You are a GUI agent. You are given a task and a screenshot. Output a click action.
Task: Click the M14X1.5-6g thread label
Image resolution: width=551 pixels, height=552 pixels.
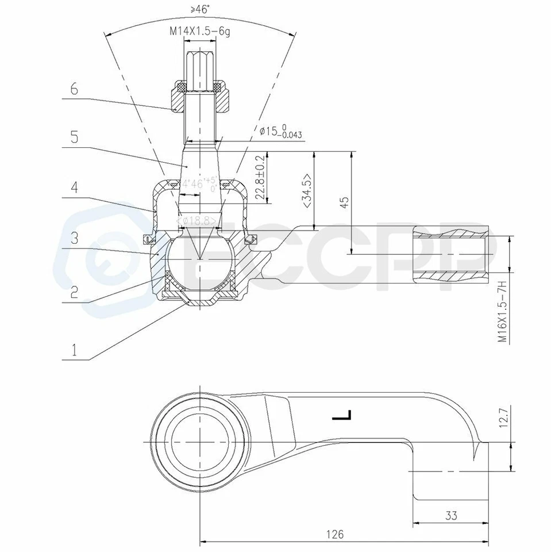click(199, 32)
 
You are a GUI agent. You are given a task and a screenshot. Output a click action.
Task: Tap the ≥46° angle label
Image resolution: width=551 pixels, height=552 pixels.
click(199, 9)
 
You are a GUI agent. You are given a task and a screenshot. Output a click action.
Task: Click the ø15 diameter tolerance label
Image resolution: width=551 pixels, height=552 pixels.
click(281, 132)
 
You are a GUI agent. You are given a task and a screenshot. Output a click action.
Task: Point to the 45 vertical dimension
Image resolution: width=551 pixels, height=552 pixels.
click(343, 202)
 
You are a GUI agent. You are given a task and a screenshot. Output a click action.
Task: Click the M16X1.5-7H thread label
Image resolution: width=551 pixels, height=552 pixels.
click(502, 312)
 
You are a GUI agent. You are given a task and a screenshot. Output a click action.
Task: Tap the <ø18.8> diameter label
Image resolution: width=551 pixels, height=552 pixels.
click(198, 221)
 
